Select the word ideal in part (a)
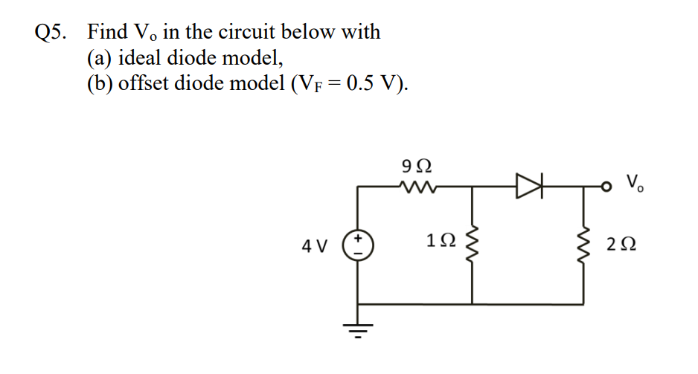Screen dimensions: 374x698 point(141,57)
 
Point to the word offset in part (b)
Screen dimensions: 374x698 point(144,83)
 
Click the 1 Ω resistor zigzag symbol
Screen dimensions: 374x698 point(473,243)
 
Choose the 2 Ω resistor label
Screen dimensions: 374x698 point(622,243)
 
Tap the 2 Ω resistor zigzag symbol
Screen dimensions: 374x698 point(583,243)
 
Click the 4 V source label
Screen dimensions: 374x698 point(317,244)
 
